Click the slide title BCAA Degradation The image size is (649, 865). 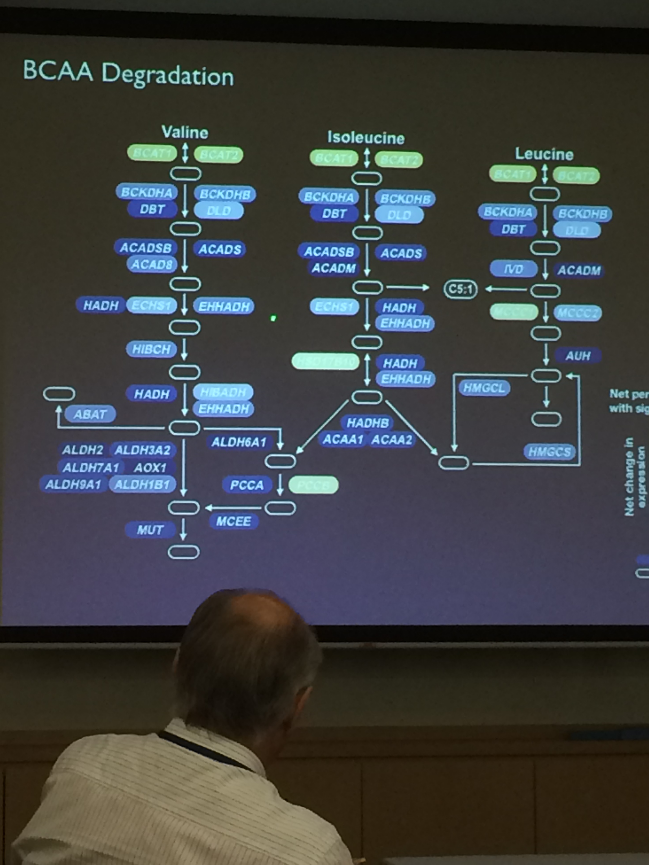click(128, 74)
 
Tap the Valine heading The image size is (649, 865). click(185, 132)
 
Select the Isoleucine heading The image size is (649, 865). click(366, 138)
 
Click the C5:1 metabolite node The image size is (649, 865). click(461, 289)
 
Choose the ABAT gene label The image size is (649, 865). click(90, 414)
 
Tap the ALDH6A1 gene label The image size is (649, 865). click(239, 442)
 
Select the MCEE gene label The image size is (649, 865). click(234, 521)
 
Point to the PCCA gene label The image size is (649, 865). click(247, 485)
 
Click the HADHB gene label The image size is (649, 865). click(367, 423)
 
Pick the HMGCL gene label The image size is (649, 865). click(484, 388)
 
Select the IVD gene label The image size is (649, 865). click(513, 269)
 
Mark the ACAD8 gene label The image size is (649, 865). click(151, 265)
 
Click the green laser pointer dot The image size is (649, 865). click(273, 318)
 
